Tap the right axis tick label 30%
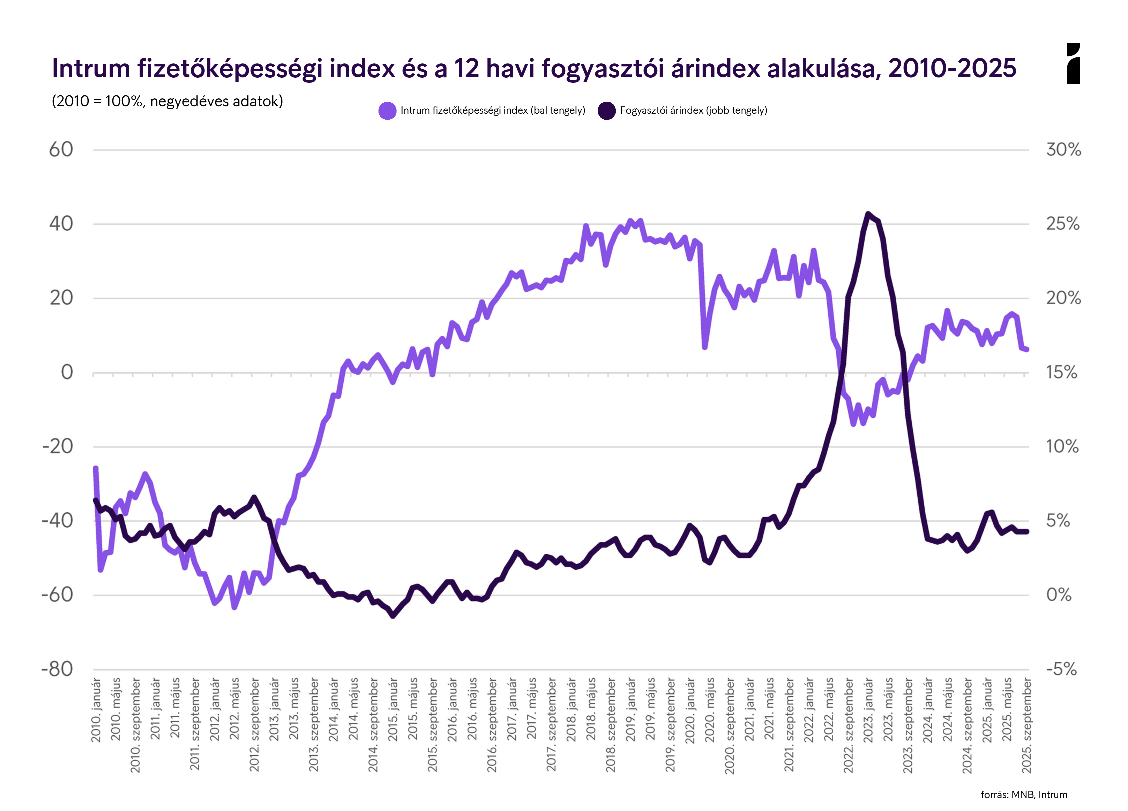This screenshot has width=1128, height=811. tap(1063, 150)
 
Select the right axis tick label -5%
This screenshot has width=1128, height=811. tap(1061, 669)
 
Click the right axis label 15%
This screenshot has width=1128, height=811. tap(1061, 372)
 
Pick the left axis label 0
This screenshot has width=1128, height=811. tap(67, 372)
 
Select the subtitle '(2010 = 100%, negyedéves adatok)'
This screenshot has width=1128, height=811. tap(167, 101)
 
